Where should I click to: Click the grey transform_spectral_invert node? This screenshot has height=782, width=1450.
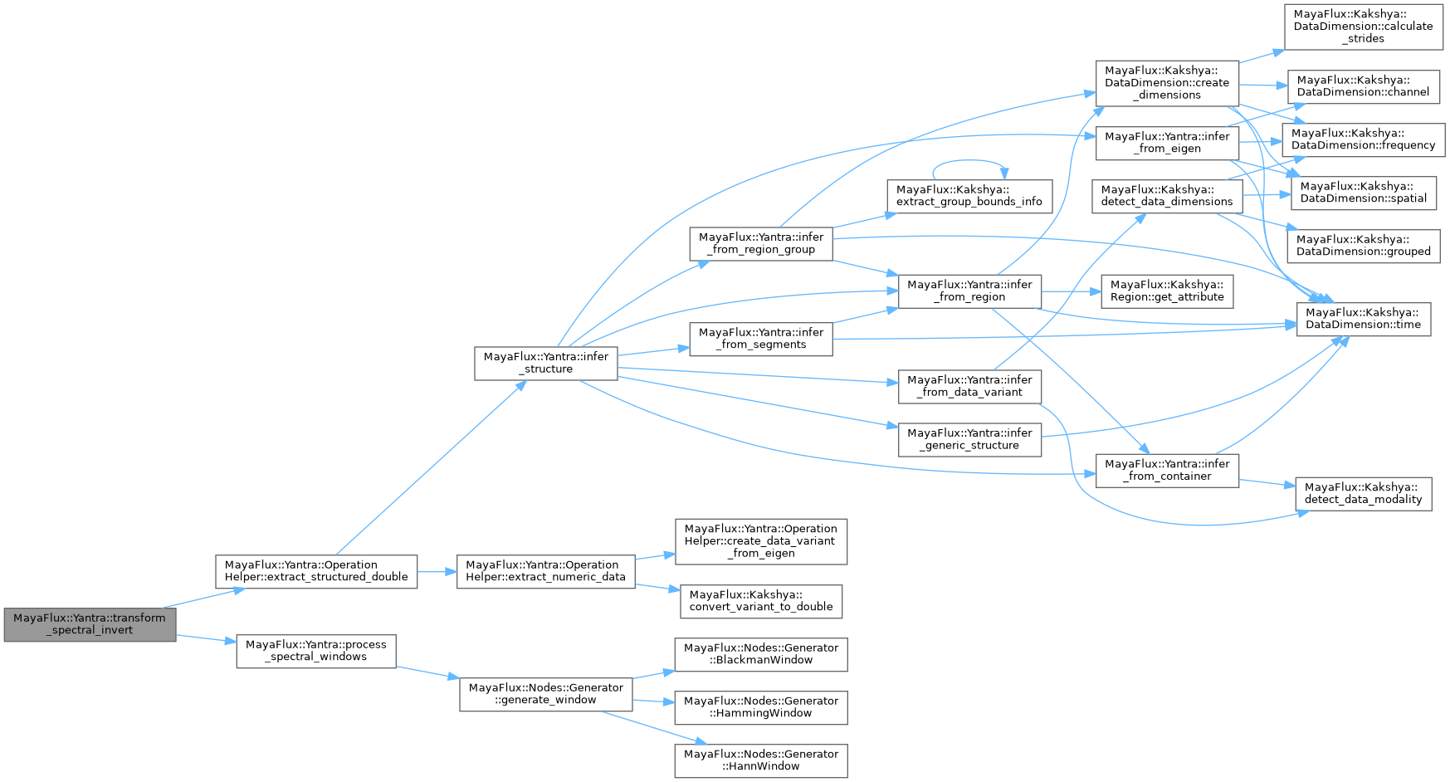[90, 624]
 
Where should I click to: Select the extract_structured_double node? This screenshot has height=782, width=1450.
[316, 571]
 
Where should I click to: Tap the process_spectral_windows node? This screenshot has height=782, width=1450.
[316, 651]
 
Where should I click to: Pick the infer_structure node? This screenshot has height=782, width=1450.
[546, 363]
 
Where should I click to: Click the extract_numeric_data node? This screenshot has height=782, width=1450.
[545, 571]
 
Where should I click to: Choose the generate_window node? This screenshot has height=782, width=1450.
[545, 694]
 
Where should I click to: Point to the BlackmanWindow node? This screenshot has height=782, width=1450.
[761, 654]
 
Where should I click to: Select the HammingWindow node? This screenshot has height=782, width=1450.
[761, 707]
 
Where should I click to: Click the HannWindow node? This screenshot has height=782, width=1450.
[761, 760]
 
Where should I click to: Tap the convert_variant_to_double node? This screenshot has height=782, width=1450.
[761, 601]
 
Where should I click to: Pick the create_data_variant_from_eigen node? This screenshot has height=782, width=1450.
[761, 541]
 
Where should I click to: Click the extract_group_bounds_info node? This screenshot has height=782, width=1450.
[969, 196]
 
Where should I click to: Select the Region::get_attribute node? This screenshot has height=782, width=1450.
[1167, 291]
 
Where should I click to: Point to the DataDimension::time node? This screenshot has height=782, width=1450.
[1364, 319]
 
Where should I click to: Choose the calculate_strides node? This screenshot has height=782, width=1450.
[1364, 27]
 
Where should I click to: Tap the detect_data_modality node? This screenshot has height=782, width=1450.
[1364, 494]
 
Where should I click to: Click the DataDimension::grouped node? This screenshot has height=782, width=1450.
[1364, 246]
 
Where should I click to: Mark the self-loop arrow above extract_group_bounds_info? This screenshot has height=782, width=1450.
[969, 161]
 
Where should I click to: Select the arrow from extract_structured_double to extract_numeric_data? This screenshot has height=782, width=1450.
[437, 572]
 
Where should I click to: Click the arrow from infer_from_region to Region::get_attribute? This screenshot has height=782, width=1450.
[1071, 291]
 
